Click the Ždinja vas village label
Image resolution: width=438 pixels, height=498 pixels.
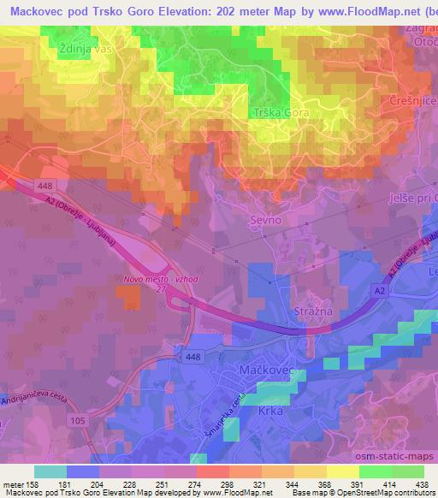point(86,50)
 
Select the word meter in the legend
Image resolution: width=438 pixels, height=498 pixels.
point(15,483)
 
